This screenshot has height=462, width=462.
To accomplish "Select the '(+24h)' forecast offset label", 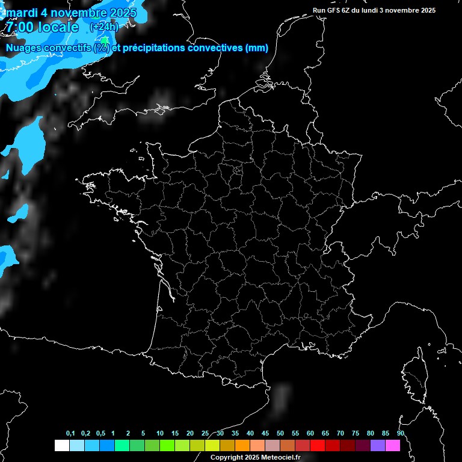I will pos(103,27).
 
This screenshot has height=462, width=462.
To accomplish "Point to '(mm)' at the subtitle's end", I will pos(257,48).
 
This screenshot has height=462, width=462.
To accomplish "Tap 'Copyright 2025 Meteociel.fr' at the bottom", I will pos(255,457).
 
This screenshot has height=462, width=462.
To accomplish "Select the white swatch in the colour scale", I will pos(61,445).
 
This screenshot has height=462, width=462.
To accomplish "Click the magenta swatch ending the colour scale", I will pos(392,445).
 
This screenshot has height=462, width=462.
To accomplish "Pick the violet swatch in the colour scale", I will pos(377,445).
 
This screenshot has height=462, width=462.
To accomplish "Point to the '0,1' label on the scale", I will pos(70,433).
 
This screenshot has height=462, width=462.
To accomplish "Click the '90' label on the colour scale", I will pos(400,433).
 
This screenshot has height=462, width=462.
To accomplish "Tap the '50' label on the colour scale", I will pos(280,433).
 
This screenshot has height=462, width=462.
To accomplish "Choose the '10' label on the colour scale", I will pos(160,433).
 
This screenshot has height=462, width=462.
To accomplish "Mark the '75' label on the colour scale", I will pos(355,433).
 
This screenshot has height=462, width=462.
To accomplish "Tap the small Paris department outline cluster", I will pos(238,171).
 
